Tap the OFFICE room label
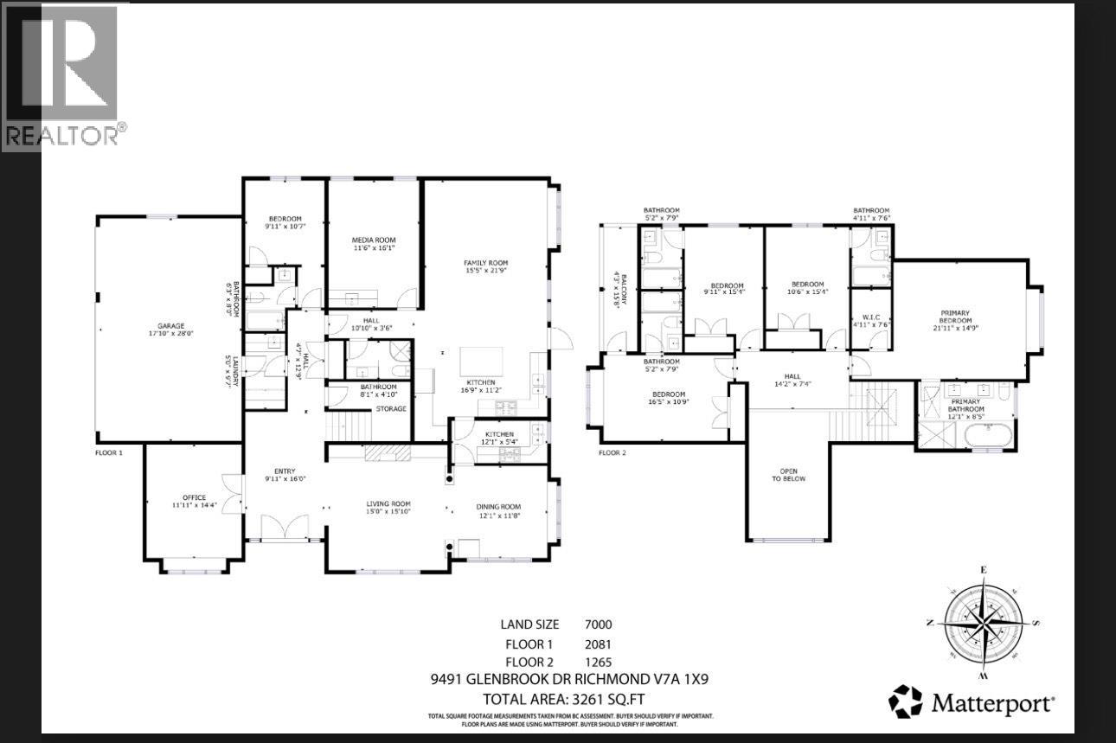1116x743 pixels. coord(194,497)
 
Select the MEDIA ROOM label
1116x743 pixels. coord(373,240)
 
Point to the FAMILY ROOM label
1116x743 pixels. coord(485,263)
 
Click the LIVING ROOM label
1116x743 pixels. coord(388,504)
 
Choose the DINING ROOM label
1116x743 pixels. coord(498,507)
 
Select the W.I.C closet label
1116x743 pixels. coord(870,317)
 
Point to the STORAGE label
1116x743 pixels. coord(390,409)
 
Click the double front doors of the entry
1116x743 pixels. coord(284,526)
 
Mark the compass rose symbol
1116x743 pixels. coord(984,621)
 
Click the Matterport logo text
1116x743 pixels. coord(992,702)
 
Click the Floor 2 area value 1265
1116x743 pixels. coord(598,662)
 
